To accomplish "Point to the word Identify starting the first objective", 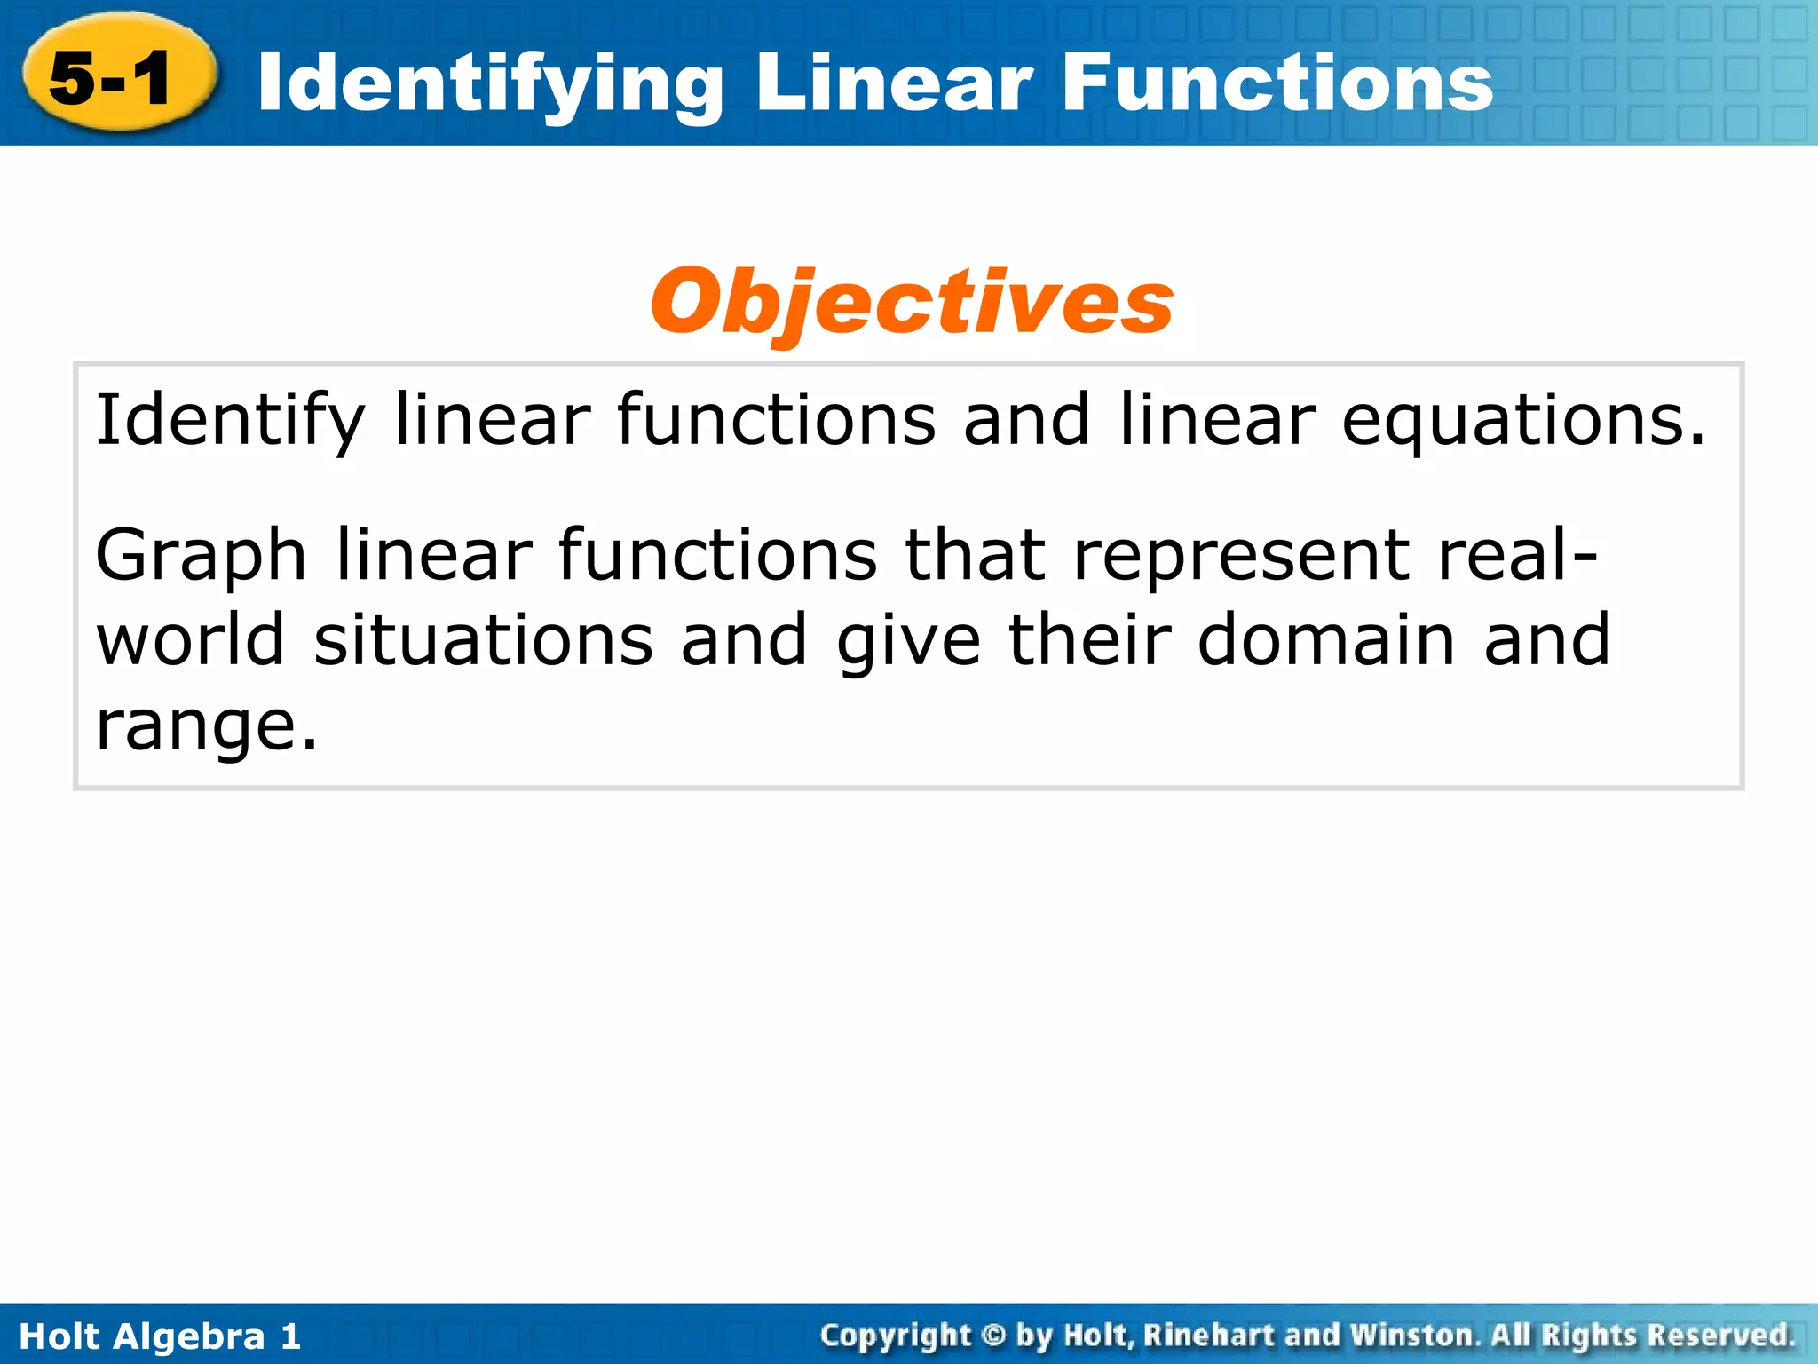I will coord(230,419).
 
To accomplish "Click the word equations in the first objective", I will coord(1522,421).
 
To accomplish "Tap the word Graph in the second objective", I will coord(201,556).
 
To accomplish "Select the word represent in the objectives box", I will coord(1241,556).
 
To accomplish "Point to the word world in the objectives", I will coord(190,639).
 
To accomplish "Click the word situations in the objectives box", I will coord(484,639).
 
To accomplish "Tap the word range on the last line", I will coord(205,726).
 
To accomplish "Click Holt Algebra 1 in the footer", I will coord(160,1336).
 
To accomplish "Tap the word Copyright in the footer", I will coord(896,1335).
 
